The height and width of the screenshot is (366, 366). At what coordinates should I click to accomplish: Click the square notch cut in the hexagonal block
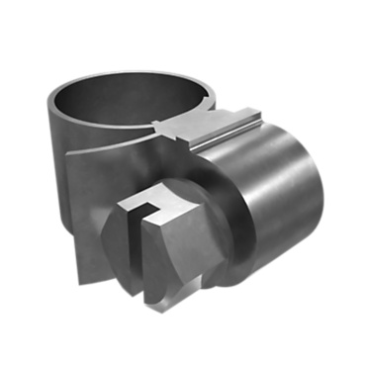(146, 209)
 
